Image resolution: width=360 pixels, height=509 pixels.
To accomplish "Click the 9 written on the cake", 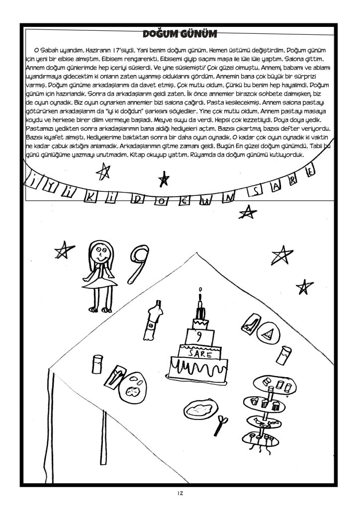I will [199, 336].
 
